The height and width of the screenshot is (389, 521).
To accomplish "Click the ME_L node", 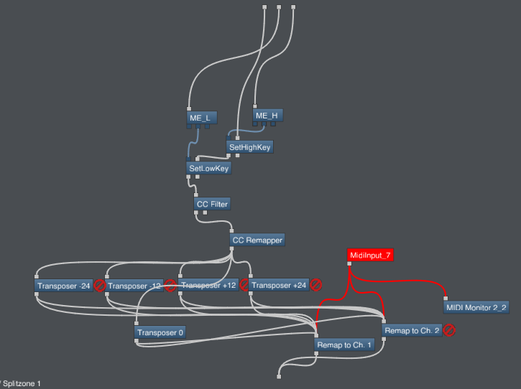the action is coord(202,118).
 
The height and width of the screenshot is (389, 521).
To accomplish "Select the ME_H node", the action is coord(267,116).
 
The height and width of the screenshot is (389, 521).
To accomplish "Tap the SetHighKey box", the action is coord(249,147).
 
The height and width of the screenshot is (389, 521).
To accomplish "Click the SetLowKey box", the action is coord(208,168).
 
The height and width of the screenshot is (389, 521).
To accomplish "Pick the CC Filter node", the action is coord(212,204).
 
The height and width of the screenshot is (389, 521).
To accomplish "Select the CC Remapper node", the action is coord(257,240).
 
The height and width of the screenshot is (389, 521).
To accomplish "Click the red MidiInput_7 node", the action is coord(370,255).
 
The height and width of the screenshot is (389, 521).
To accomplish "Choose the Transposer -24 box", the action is coord(63,286).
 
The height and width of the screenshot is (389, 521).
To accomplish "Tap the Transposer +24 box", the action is coord(279,285).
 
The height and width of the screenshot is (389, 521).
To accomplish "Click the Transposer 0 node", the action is coord(160,332).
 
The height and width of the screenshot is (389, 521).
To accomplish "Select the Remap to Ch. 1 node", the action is coord(344,345).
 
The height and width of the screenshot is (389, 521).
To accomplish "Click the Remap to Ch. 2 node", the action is coord(412,331).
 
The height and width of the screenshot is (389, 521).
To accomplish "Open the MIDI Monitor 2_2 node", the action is coord(476,307).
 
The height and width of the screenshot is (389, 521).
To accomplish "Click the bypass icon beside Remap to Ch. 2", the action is coord(449,330).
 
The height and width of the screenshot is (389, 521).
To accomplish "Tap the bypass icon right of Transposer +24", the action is coord(315,285).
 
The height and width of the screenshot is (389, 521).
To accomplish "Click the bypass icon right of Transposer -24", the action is coord(100,286).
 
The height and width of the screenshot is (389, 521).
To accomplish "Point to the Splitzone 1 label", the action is coord(22,384).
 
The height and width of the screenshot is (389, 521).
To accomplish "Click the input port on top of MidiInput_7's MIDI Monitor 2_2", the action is coord(446,299).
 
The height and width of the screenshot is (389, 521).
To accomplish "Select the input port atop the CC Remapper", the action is coord(231,231).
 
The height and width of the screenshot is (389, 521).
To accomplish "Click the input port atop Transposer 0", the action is coord(137,323).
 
